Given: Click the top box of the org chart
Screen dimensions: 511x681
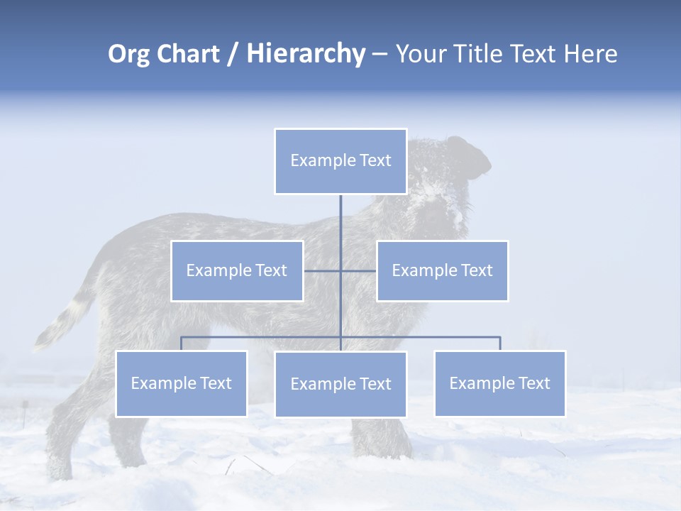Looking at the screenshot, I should pos(340,161).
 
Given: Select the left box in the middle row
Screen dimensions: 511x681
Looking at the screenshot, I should pos(237,270).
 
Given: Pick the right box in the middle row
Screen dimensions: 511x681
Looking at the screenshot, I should pos(442,270).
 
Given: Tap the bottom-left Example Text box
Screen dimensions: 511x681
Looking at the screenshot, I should pos(181,383).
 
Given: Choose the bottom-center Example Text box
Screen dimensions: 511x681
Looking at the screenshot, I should pos(340,384).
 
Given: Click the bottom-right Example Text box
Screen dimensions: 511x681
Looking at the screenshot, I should pos(499,383).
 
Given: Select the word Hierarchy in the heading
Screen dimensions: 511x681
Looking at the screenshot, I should pos(306,54).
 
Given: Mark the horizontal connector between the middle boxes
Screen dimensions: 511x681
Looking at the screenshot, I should pos(340,270).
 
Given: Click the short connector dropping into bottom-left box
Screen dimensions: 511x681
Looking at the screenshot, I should pos(181,344).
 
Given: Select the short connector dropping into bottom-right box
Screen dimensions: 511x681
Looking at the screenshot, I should pos(500,344).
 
